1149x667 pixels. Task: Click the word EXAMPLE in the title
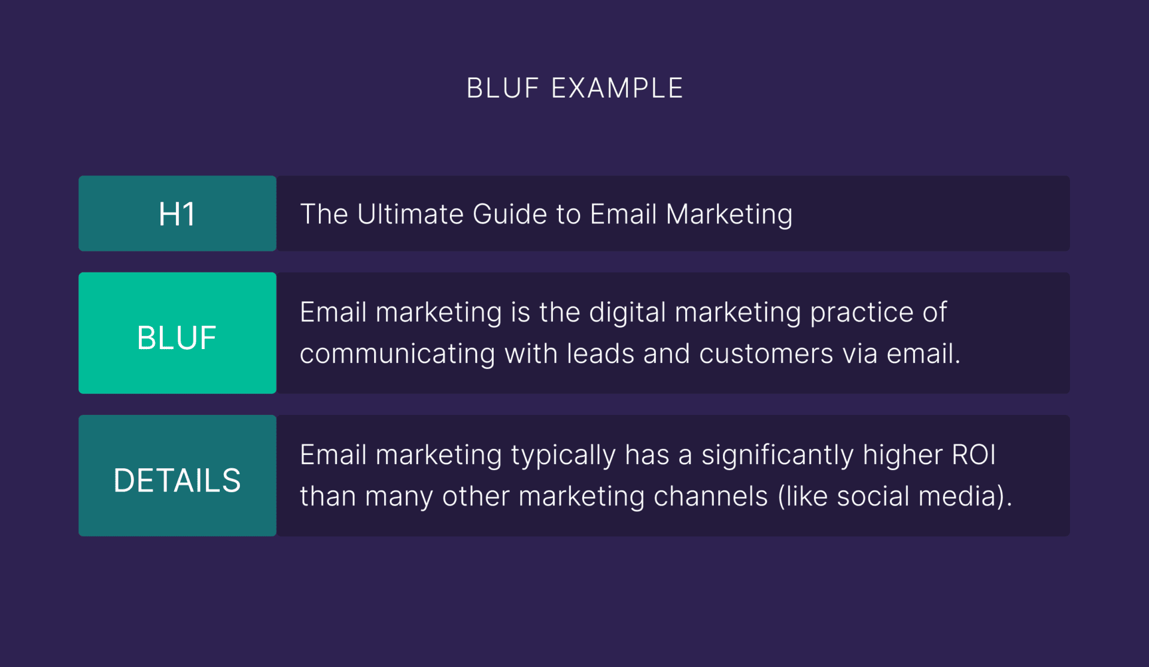617,88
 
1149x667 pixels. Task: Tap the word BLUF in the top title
503,88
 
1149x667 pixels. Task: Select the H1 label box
177,213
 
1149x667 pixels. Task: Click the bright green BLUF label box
177,333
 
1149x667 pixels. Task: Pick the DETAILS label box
177,475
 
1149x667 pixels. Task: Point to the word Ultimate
410,214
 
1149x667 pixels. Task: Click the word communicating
397,354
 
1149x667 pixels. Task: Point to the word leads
600,353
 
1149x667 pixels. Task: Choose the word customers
766,354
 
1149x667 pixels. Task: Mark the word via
860,353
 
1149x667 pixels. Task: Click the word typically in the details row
563,456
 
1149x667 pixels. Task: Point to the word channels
710,496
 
